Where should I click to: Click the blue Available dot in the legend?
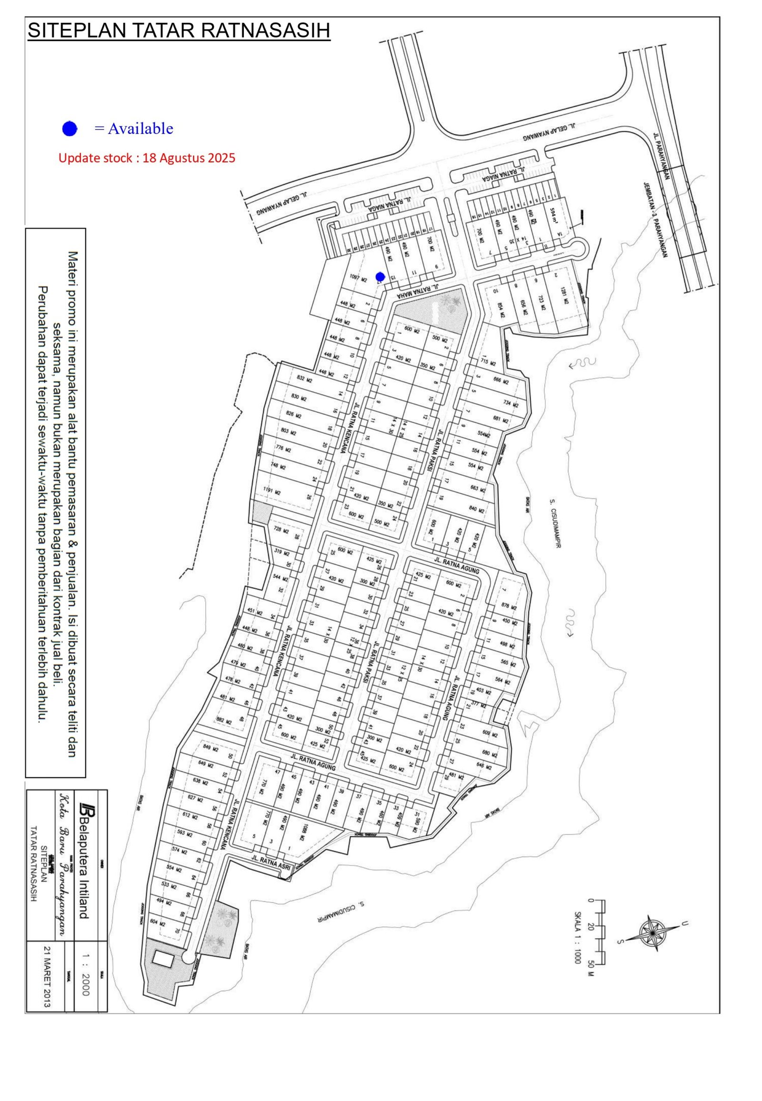[70, 129]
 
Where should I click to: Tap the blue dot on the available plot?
[380, 277]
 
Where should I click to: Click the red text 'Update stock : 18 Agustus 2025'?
[147, 158]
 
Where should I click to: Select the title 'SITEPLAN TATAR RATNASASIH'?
[179, 31]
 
